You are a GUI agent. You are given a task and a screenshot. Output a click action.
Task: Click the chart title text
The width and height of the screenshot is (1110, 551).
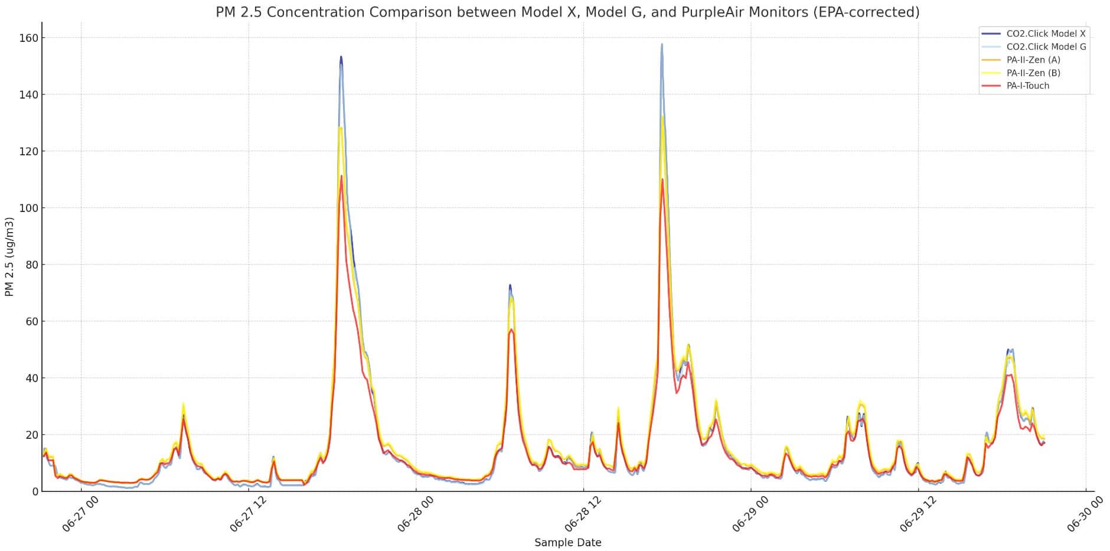pos(567,12)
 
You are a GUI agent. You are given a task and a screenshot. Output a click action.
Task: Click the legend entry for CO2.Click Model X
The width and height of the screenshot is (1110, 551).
pos(1046,34)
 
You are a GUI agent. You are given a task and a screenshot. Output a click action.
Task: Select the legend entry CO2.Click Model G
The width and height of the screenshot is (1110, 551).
pos(1046,47)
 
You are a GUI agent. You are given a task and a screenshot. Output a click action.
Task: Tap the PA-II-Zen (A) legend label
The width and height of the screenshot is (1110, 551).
pos(1033,60)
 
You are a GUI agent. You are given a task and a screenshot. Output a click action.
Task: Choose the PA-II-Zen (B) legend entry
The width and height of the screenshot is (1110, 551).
pos(1033,73)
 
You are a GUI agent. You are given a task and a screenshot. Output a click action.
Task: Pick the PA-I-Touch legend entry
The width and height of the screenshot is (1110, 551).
pos(1028,86)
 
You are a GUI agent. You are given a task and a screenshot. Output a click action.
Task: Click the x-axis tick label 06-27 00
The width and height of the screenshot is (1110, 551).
pos(80,514)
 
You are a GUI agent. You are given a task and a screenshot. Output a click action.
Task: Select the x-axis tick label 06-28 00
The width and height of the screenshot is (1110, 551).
pos(415,514)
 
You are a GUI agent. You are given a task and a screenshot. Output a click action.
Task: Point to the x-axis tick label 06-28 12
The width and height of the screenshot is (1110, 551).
pos(583,514)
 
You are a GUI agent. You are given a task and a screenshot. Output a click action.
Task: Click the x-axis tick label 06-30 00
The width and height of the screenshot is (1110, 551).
pos(1085,514)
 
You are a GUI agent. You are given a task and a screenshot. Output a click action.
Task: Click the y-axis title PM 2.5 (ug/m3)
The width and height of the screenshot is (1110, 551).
pos(9,256)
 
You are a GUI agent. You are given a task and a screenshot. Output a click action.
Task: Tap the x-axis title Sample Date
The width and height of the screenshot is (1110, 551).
pos(567,542)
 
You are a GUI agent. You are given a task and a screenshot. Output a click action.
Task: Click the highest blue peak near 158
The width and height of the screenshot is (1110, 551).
pos(662,44)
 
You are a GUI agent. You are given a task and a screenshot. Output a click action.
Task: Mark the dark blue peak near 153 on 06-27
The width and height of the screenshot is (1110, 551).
pos(341,57)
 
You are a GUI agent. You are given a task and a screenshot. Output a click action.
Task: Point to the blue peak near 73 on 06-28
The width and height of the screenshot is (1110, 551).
pos(510,285)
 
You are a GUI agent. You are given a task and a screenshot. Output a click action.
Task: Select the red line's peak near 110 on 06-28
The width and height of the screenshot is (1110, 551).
pos(662,180)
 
